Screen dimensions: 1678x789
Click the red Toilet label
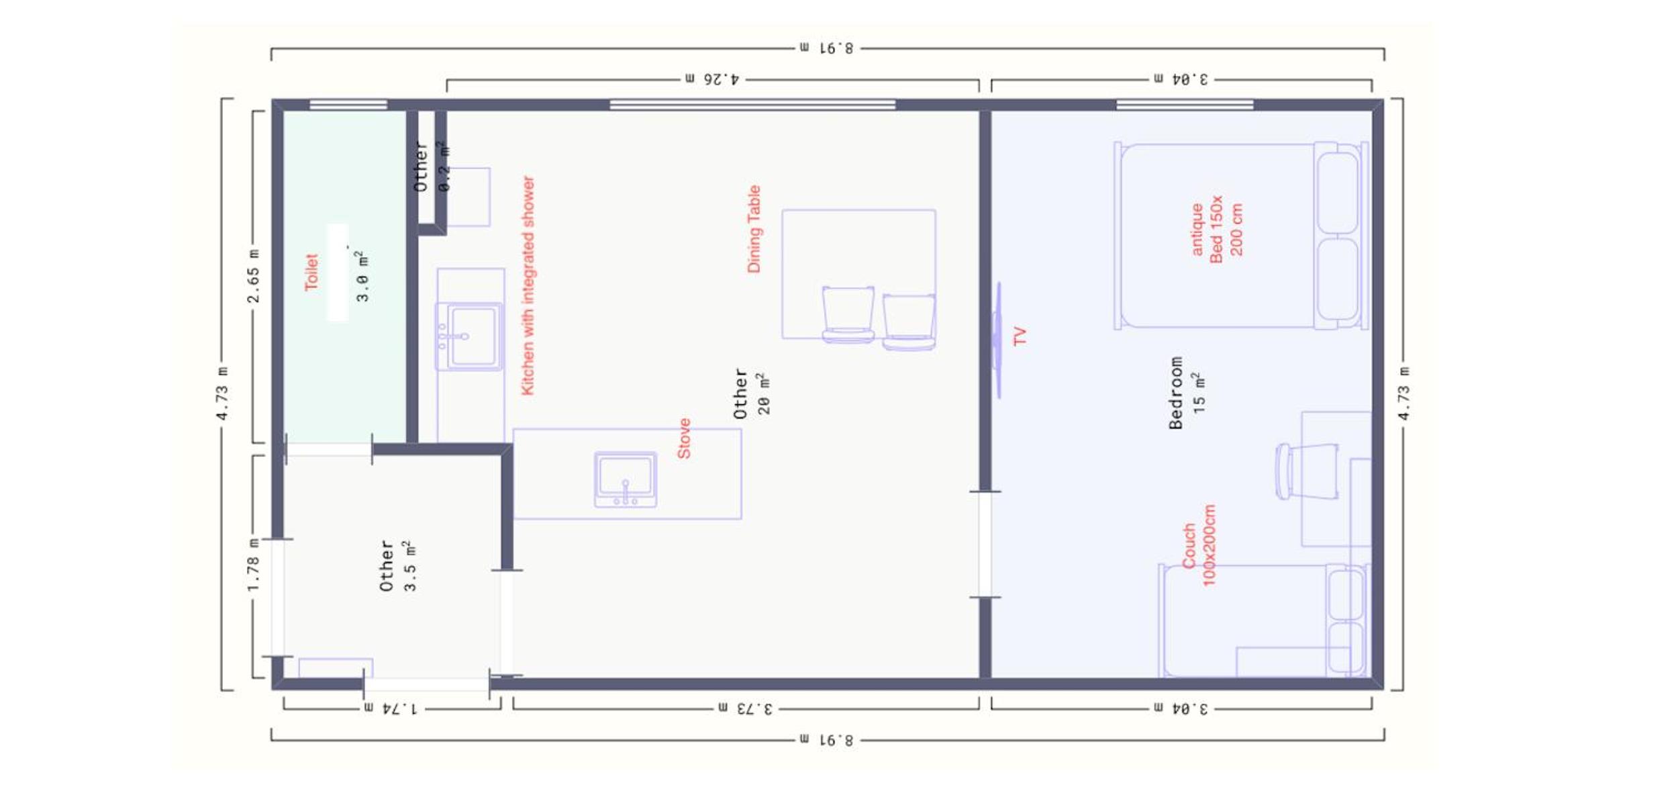311,272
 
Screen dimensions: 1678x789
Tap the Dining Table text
754,229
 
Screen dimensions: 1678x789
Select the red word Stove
684,438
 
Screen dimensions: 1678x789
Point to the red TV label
1020,336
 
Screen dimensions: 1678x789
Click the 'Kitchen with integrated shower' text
528,285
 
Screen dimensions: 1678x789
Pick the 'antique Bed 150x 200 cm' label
1217,229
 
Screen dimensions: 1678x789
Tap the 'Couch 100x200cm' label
1199,545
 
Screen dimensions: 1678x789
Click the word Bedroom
1176,393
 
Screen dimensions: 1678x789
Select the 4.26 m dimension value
712,79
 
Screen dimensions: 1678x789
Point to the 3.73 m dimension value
745,708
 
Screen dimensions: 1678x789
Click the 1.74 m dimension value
390,708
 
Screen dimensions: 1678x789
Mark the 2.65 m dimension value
253,276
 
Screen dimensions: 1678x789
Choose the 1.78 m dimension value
253,565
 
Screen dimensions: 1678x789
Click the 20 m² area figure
764,393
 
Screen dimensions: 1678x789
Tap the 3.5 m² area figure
409,565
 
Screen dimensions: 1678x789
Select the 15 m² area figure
1199,393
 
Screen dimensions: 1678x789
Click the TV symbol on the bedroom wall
998,340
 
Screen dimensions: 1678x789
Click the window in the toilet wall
348,105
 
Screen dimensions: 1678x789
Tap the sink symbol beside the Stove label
625,479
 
